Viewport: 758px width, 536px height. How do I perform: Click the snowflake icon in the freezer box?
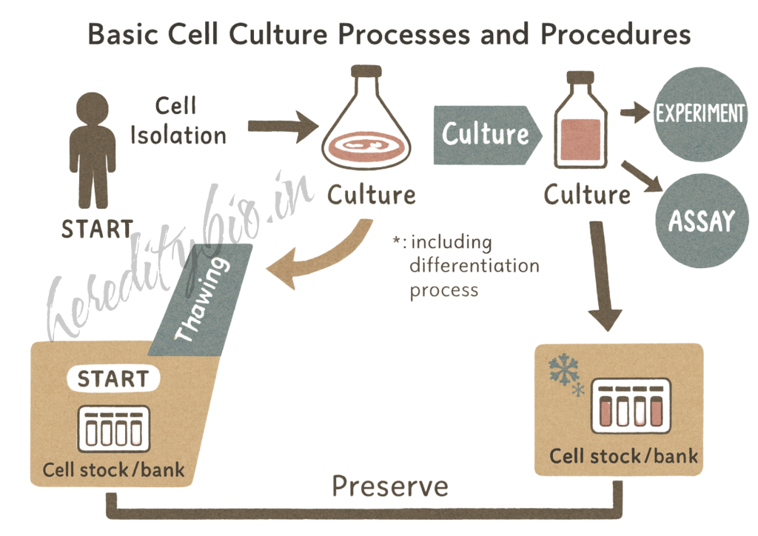click(x=565, y=370)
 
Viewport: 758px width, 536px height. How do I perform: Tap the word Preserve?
click(x=390, y=486)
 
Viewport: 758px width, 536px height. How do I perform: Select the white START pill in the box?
click(x=113, y=379)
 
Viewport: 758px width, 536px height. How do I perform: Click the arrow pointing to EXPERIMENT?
click(x=634, y=113)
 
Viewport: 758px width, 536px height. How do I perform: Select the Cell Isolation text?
click(x=177, y=121)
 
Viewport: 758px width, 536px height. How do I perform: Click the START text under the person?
click(x=97, y=229)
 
